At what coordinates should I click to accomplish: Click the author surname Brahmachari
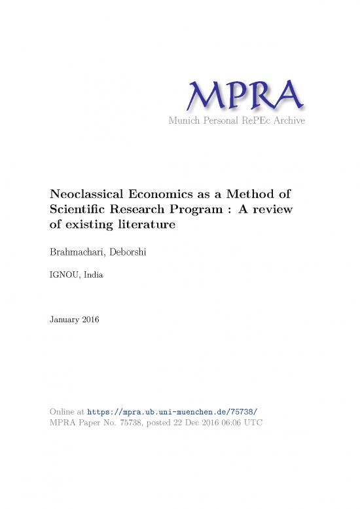81,252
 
